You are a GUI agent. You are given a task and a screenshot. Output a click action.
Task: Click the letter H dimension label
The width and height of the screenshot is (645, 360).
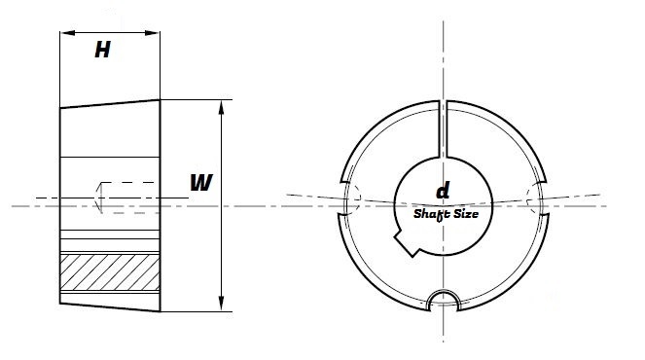coord(102,52)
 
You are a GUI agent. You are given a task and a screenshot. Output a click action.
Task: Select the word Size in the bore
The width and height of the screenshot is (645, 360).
coord(470,210)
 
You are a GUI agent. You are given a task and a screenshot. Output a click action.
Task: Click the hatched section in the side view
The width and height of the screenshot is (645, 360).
coord(110,278)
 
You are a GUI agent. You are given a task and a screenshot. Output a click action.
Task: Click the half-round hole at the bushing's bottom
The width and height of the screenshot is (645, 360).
coord(445,298)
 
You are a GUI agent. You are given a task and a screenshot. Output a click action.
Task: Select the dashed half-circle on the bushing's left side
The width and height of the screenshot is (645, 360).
coord(354,198)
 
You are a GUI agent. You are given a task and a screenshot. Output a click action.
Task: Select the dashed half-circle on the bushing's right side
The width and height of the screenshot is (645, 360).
coord(532,198)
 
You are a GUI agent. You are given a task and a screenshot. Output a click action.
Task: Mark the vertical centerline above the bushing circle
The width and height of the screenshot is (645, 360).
coord(445,58)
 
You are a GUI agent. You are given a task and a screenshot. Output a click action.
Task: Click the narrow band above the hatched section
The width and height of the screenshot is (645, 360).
coord(110,243)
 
